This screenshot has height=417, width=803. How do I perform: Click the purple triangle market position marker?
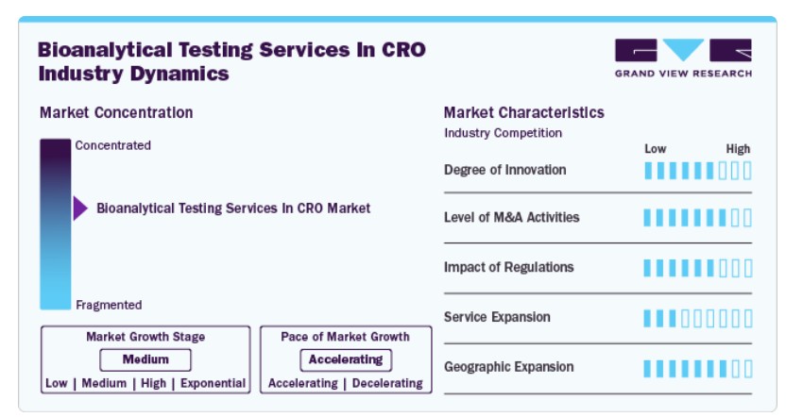click(80, 208)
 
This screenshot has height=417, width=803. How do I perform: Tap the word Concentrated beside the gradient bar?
click(113, 145)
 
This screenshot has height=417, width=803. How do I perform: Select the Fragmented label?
click(109, 305)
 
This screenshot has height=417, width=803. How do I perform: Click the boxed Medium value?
click(145, 359)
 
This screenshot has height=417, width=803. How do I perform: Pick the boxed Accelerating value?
click(346, 359)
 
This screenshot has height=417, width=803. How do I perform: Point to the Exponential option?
click(214, 383)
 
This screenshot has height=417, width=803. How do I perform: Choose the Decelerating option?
click(387, 383)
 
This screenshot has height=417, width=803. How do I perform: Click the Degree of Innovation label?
click(505, 170)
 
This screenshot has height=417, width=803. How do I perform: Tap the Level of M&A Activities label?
click(512, 217)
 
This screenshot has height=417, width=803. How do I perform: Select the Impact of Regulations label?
click(508, 267)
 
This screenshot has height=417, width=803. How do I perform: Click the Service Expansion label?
click(497, 317)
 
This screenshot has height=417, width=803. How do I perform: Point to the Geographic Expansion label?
click(508, 367)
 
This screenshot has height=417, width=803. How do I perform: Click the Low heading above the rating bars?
click(655, 149)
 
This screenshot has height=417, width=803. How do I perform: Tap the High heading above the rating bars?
click(738, 149)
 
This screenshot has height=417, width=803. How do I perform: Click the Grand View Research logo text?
click(684, 74)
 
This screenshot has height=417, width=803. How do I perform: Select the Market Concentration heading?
click(116, 112)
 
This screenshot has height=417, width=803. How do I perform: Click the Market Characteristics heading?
click(524, 112)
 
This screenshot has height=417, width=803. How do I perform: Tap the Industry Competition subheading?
click(503, 133)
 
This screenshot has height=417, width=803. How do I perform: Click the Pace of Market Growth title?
click(345, 337)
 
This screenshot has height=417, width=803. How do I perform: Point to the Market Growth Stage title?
click(145, 337)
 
